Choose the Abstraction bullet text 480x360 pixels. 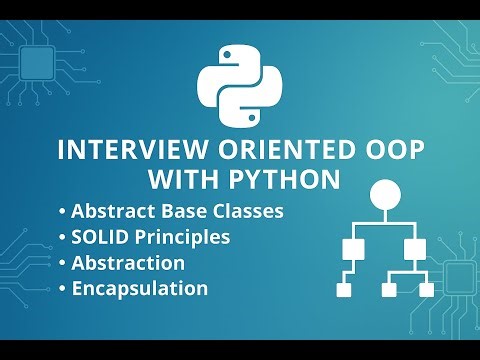(128, 263)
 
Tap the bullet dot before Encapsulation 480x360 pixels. (64, 289)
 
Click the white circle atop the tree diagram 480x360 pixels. (385, 194)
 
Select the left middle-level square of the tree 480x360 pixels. (351, 247)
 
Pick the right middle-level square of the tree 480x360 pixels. (412, 247)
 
